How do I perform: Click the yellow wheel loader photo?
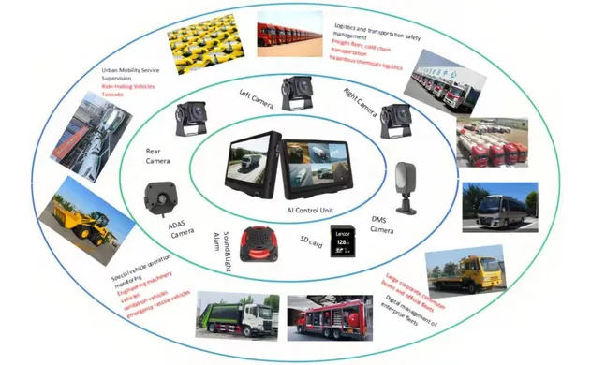[83, 218]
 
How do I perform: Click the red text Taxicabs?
[123, 96]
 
